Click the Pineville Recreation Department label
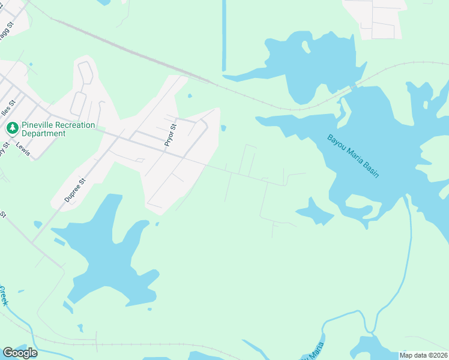pos(58,129)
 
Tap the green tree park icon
pos(12,128)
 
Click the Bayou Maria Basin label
pos(353,155)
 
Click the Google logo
pos(20,353)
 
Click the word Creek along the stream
pos(3,295)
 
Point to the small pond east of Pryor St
pos(223,128)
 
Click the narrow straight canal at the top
pos(224,36)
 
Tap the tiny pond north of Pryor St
pos(190,95)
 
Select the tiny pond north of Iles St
pos(30,64)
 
